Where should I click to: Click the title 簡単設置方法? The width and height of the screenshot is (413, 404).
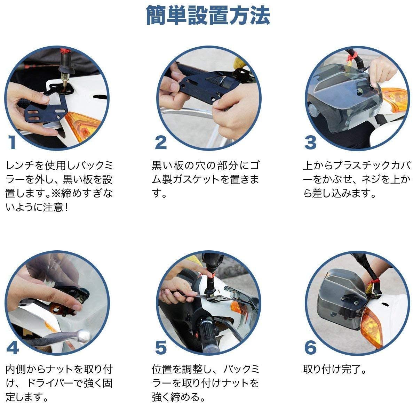[208, 16]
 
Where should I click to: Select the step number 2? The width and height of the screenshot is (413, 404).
[161, 143]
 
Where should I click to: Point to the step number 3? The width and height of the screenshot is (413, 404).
[310, 143]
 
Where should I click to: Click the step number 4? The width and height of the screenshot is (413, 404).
[13, 347]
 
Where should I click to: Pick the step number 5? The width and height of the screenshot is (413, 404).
[161, 347]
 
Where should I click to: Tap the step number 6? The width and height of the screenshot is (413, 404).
[311, 347]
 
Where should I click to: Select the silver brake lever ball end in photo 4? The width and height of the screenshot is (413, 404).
[84, 335]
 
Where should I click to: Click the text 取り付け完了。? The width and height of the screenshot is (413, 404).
[334, 369]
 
